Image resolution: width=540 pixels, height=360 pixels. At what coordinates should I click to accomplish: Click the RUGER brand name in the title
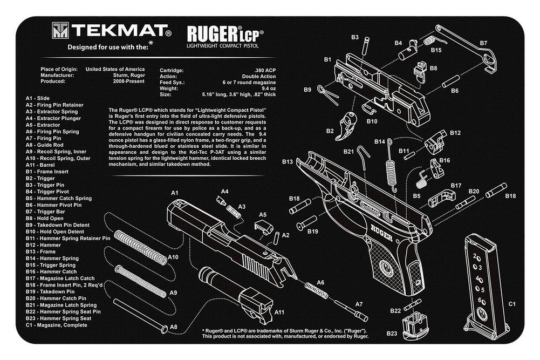point(211,34)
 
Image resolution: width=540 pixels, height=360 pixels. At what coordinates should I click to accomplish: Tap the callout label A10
point(172,257)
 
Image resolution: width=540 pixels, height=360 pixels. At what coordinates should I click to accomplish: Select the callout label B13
point(287,162)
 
